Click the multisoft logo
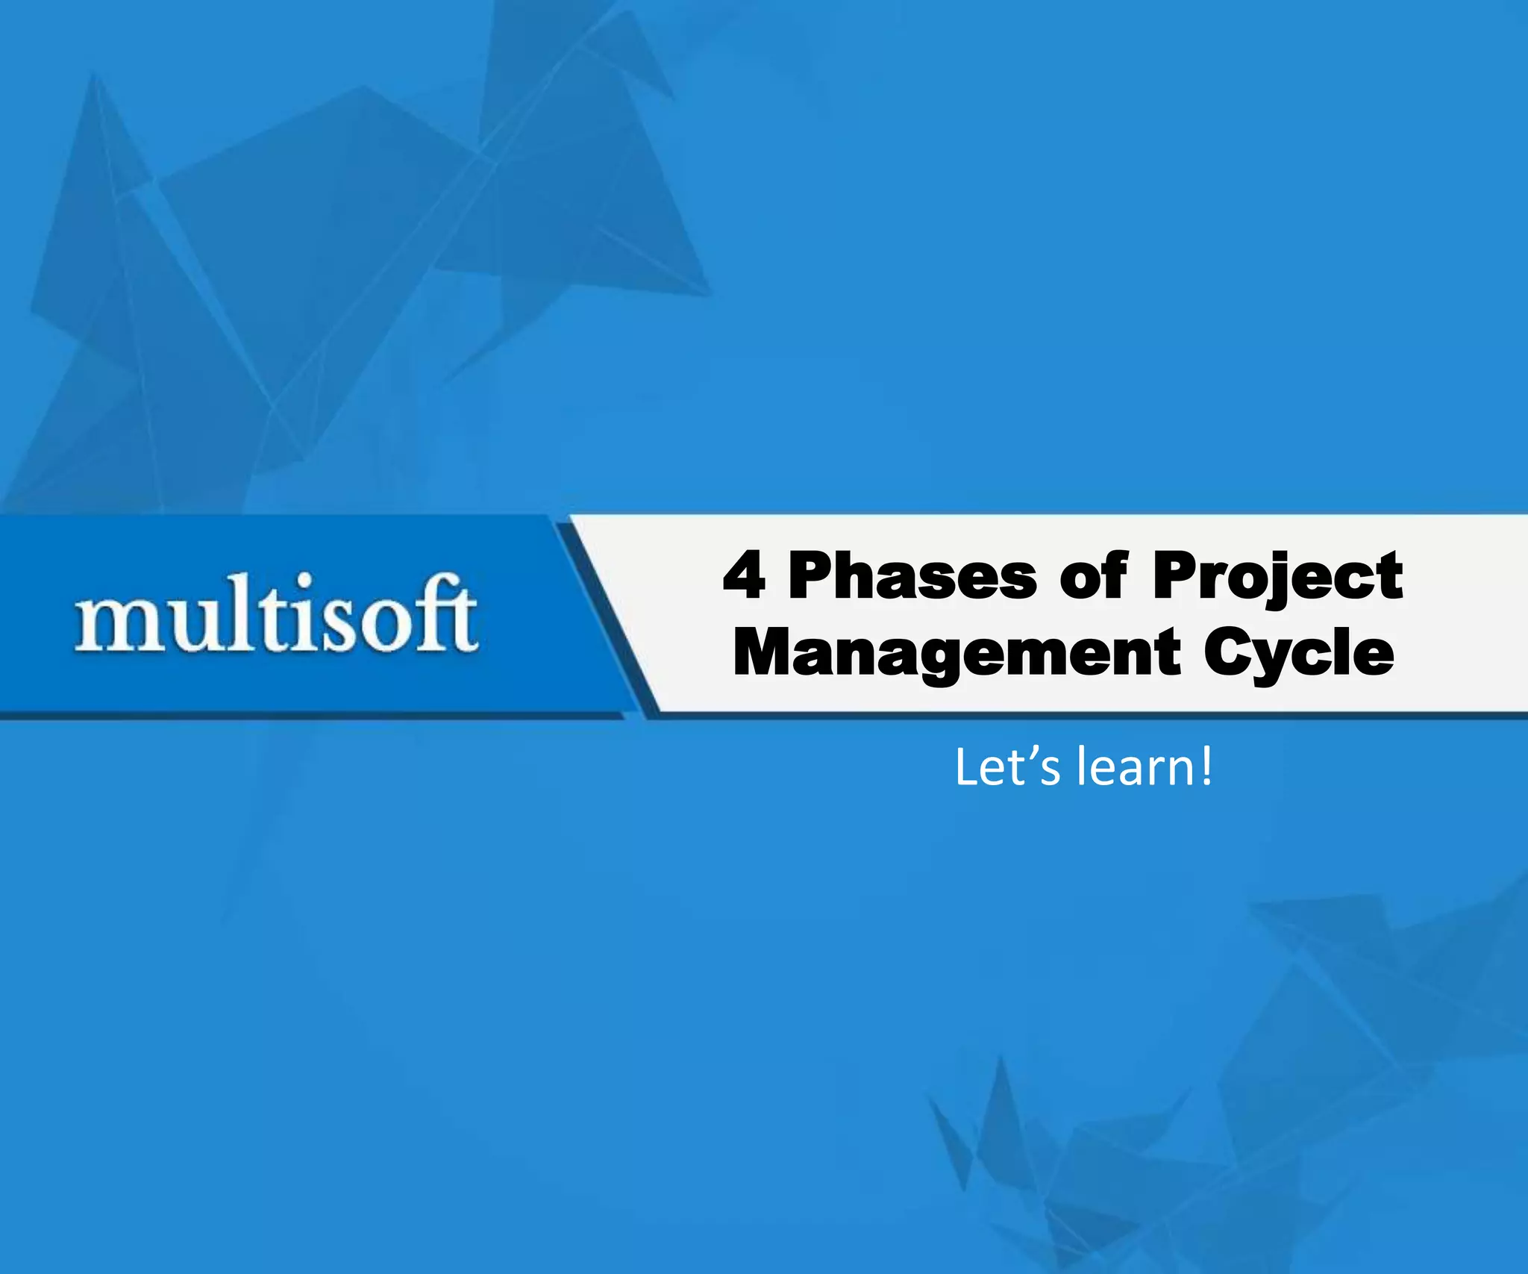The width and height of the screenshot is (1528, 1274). point(276,613)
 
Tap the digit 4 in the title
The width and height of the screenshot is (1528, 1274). point(745,576)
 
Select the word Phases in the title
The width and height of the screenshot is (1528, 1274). point(912,576)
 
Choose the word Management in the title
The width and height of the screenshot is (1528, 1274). point(957,653)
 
